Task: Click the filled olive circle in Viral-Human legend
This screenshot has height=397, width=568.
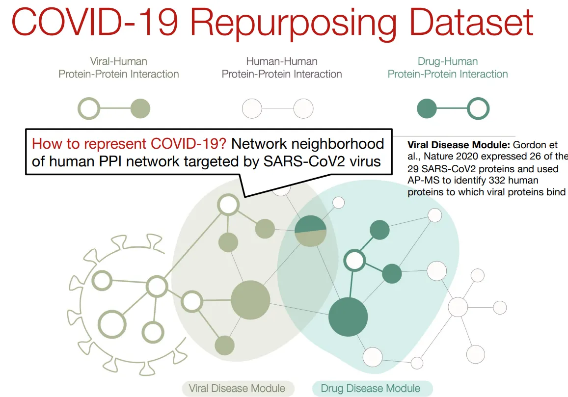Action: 140,108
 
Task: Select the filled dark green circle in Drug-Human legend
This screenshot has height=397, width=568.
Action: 427,108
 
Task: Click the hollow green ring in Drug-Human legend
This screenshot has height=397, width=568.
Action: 478,108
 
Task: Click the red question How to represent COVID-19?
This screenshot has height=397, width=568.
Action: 130,144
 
